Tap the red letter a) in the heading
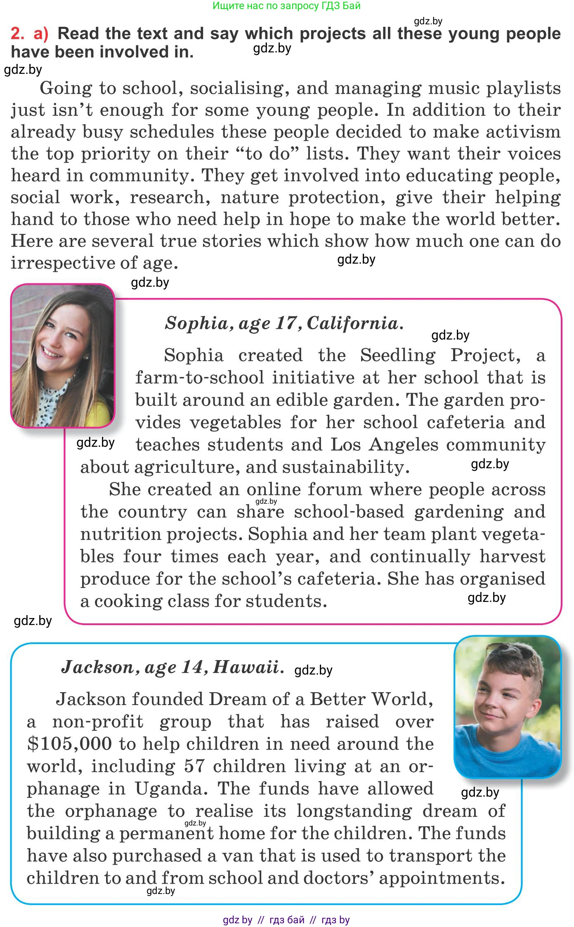tap(41, 33)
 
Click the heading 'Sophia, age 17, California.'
tap(284, 323)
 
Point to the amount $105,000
tap(69, 744)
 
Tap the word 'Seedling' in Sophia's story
tap(397, 355)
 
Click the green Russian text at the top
tap(286, 6)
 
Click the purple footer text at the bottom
tap(286, 920)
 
